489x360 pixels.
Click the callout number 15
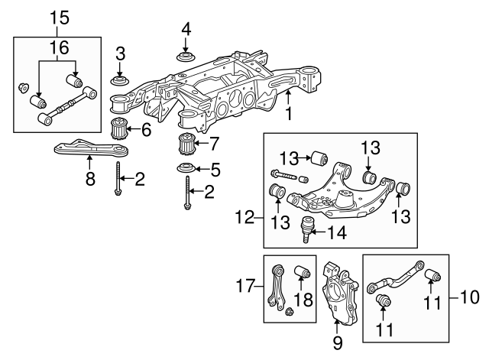pos(60,18)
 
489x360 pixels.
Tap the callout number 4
pos(186,29)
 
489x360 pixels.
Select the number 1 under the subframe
pos(289,114)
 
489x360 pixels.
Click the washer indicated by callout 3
pos(120,80)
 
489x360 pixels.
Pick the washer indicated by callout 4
pos(186,58)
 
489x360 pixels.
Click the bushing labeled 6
pos(120,128)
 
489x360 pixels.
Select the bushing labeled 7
pos(186,144)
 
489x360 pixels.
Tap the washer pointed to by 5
pos(186,168)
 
